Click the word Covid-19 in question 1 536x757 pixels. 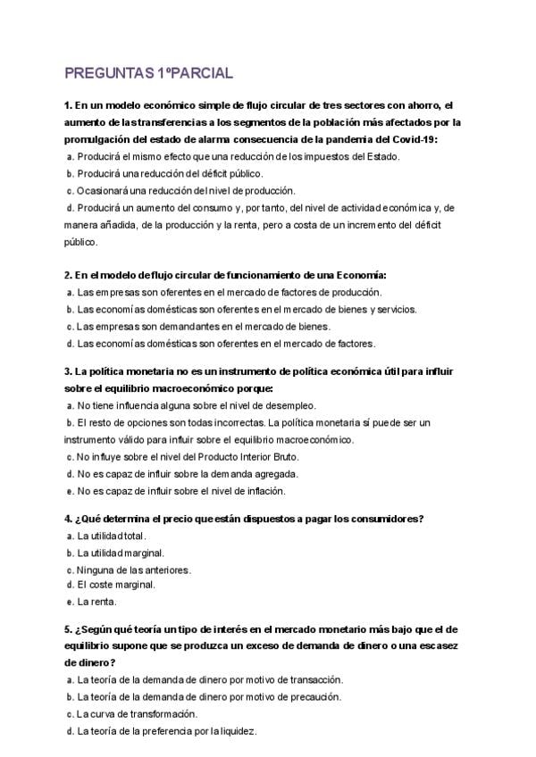pyautogui.click(x=413, y=139)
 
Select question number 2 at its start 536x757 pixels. pyautogui.click(x=67, y=275)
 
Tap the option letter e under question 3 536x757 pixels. pyautogui.click(x=70, y=491)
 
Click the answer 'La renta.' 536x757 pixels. pyautogui.click(x=97, y=602)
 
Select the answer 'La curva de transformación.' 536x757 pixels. pyautogui.click(x=137, y=714)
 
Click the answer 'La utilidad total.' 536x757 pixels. pyautogui.click(x=112, y=536)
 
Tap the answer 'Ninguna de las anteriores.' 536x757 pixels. pyautogui.click(x=134, y=570)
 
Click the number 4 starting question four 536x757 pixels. pyautogui.click(x=67, y=519)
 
